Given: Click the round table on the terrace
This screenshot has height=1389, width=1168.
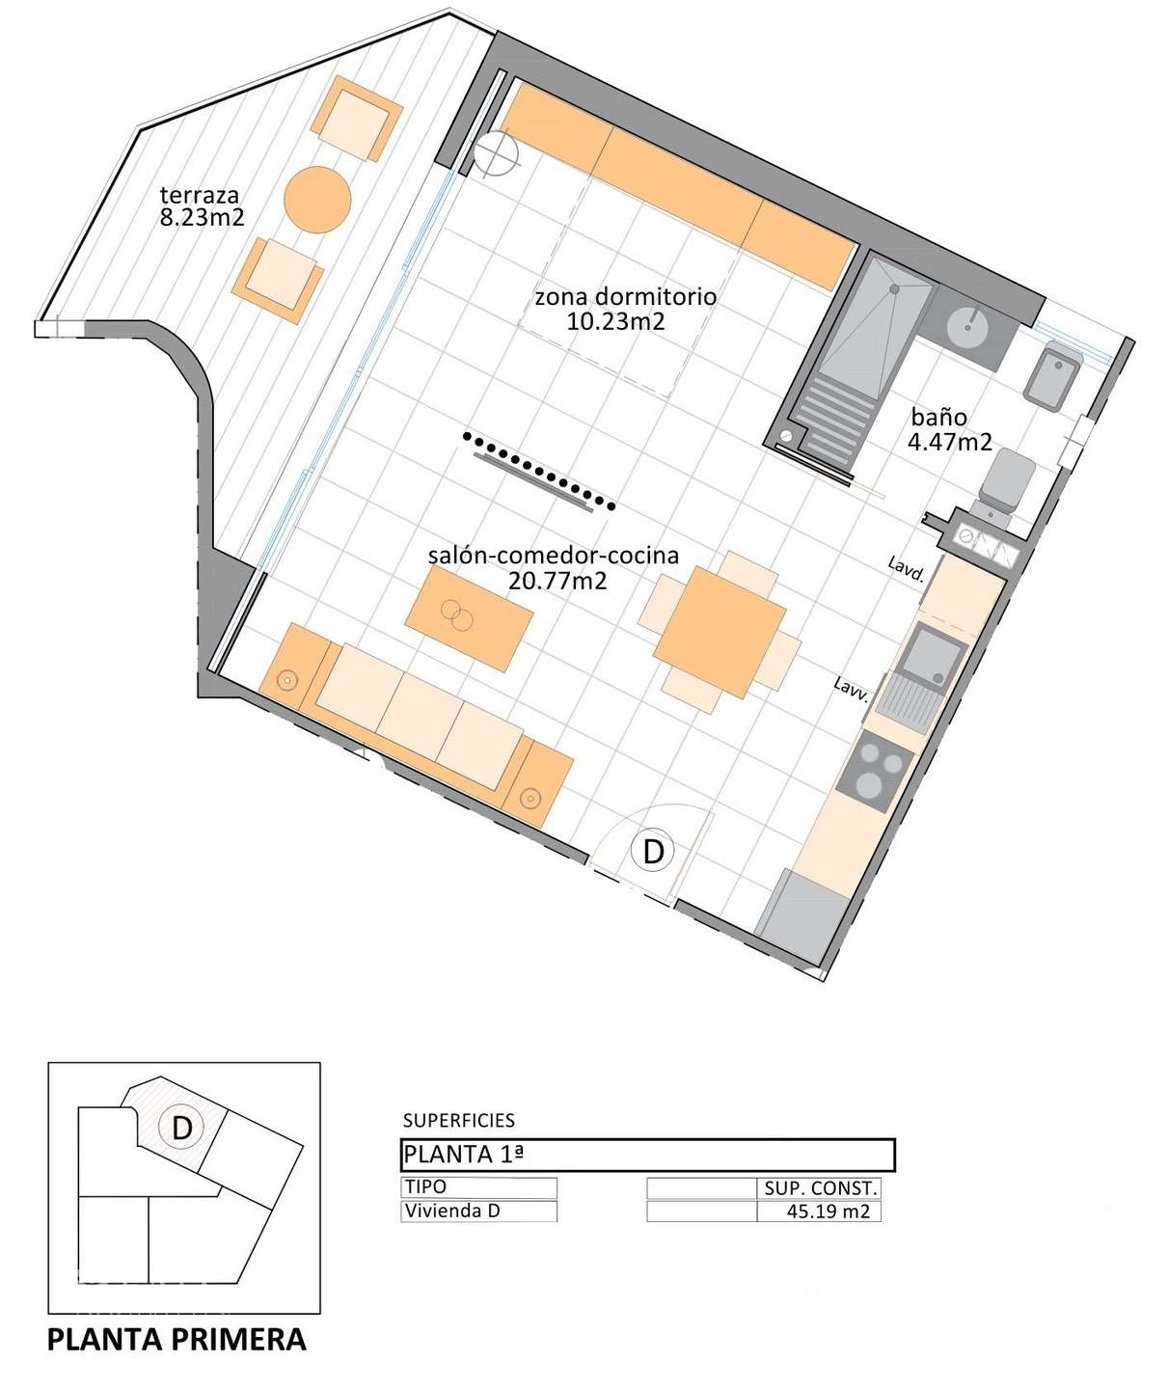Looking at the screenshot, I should point(317,199).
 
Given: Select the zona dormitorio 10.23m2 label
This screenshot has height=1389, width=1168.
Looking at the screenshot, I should point(624,309).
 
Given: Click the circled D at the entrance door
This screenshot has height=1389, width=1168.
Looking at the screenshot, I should point(653,851).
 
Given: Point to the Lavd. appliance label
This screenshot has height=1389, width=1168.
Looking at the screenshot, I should point(907,570).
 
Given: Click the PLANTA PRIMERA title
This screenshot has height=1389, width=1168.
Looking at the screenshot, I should point(177,1340).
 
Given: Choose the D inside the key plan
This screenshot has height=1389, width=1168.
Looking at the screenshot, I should point(181,1127).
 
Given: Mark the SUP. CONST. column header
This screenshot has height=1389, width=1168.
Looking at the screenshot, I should point(820,1188).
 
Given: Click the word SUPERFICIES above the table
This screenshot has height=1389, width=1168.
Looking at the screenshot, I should point(458,1120).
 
